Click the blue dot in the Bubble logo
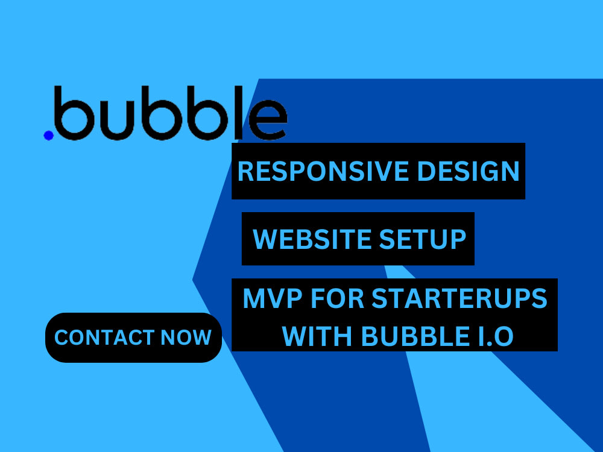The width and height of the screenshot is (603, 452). pyautogui.click(x=48, y=135)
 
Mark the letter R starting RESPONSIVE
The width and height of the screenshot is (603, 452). pyautogui.click(x=245, y=172)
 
